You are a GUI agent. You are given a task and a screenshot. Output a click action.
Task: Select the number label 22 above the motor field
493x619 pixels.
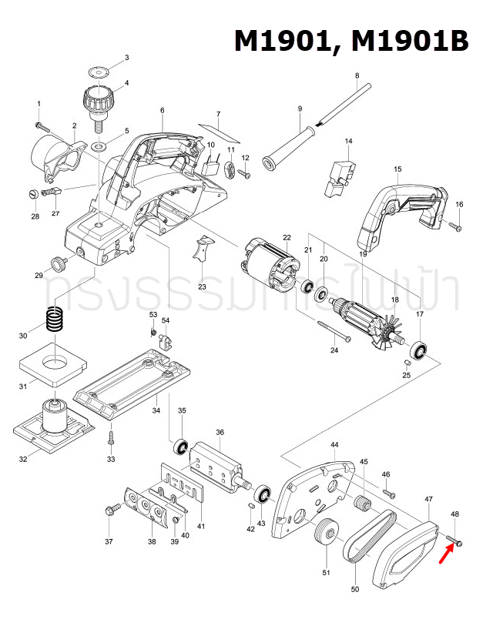286,237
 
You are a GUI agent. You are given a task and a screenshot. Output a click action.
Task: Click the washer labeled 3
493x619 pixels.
98,72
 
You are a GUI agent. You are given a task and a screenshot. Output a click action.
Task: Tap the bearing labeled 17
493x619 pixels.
421,350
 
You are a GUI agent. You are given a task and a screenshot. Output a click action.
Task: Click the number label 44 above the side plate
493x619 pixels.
334,446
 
